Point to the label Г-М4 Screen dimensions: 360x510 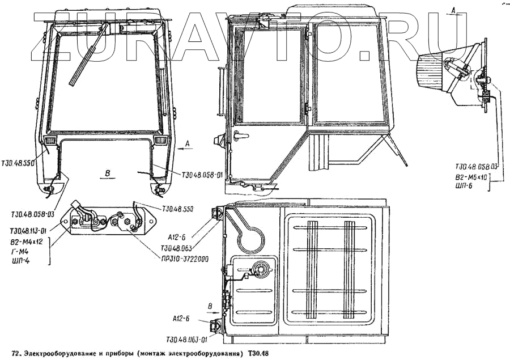[x=19, y=251]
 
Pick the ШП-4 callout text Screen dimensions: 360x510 [x=20, y=261]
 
